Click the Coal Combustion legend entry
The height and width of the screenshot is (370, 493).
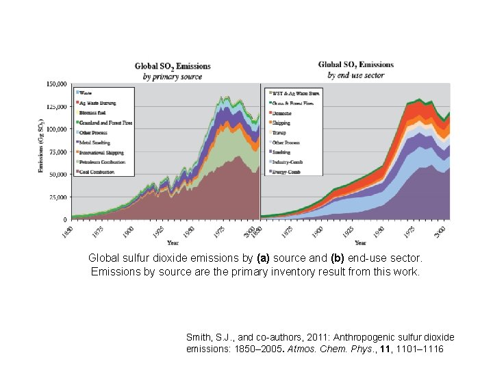tap(97, 172)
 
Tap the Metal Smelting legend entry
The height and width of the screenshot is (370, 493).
tap(96, 143)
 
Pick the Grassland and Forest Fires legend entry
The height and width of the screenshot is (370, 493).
tap(105, 123)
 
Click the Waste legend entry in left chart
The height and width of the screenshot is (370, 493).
tap(86, 92)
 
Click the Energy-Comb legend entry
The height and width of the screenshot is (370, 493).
tap(286, 172)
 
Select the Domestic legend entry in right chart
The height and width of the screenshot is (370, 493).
tap(283, 112)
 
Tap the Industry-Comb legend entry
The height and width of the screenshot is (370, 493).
tap(288, 162)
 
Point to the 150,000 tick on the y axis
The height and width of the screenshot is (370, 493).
tap(56, 84)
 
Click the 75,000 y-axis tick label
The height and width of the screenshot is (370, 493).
tap(58, 151)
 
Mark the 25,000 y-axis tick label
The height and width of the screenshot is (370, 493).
tap(58, 197)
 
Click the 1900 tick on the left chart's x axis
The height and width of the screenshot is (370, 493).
tap(128, 231)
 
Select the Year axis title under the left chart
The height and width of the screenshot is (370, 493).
tap(173, 243)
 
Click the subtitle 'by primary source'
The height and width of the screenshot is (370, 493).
tap(173, 77)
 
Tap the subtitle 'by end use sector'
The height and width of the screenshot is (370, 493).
tap(356, 75)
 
